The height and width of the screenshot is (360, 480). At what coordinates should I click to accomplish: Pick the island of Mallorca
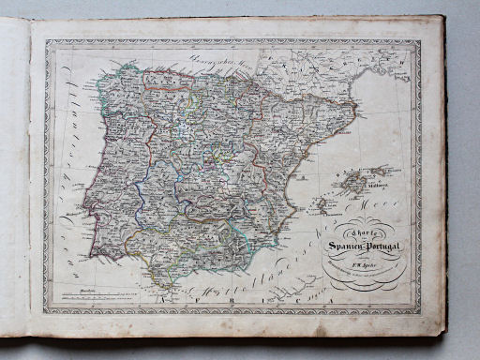pos(355,181)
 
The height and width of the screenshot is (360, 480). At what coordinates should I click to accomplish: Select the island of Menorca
pos(382,171)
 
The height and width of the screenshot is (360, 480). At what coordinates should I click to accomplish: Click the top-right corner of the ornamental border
pos(419,40)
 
